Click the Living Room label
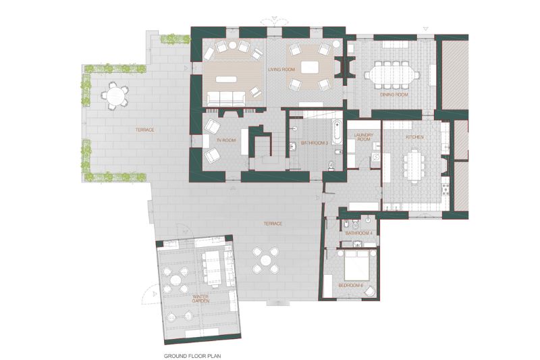281,70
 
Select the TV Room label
226,140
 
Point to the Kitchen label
414,136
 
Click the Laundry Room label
364,137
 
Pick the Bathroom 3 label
315,143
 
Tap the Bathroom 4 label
359,233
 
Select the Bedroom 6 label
351,286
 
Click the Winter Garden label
200,299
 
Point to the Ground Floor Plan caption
192,356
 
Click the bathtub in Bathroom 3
336,131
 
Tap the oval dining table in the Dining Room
392,75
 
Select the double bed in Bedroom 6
358,265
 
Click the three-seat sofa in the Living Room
226,99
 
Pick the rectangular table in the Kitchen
414,166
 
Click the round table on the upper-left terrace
114,96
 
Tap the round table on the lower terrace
265,260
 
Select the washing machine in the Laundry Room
375,158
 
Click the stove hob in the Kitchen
446,190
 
